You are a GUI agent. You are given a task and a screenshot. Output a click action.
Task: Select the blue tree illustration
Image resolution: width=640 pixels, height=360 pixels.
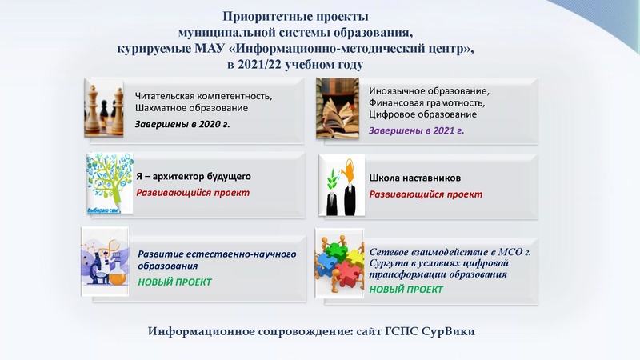pos(107,184)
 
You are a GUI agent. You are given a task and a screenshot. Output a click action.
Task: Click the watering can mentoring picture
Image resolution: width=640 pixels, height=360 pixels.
pos(342,186)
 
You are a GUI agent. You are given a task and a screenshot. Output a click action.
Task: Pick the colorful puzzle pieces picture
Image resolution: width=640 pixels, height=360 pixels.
pos(340,260)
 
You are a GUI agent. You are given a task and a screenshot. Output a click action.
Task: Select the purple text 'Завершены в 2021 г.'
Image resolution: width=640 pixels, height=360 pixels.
pos(416,130)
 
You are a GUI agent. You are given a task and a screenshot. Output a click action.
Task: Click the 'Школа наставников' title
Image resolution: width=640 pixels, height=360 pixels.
pos(414,178)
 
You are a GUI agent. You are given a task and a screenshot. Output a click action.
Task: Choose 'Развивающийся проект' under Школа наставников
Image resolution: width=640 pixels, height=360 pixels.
pos(426,194)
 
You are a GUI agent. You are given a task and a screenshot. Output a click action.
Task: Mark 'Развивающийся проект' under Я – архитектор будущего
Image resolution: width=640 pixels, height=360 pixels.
pos(192,193)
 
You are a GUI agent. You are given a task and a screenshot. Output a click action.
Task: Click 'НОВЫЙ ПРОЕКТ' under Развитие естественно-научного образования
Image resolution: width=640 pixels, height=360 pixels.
pos(174,282)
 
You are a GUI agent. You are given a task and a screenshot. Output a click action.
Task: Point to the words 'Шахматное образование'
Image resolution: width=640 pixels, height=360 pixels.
pos(191,108)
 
